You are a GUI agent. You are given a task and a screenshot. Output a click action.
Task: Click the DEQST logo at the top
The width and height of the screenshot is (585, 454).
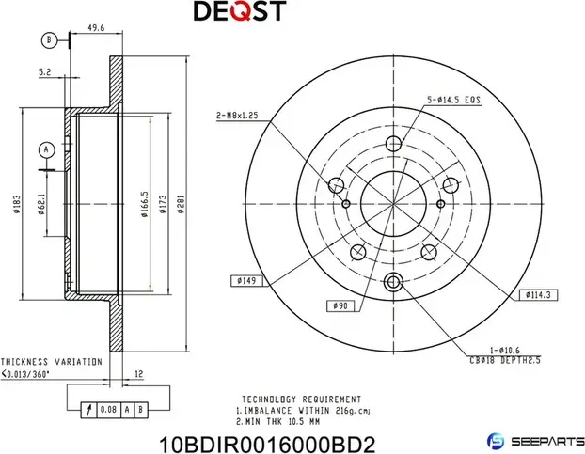point(239,12)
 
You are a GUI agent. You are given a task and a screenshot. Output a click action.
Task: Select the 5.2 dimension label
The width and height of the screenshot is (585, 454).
point(44,70)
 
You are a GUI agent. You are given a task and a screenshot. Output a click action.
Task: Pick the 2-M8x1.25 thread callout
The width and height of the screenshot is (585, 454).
point(235,116)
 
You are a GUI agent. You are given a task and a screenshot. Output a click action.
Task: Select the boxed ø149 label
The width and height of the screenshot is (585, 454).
point(247,279)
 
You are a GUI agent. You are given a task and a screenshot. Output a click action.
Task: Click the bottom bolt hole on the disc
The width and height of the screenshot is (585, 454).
point(394,278)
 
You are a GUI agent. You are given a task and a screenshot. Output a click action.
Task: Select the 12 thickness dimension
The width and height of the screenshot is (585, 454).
point(138,374)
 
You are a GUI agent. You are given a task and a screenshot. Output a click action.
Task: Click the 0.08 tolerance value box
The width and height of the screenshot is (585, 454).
point(109,410)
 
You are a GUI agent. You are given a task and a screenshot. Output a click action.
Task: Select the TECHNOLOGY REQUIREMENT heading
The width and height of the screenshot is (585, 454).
point(301,399)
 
